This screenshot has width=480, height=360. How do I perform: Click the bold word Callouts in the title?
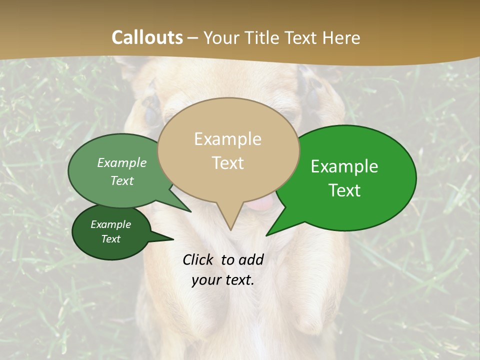coord(147,37)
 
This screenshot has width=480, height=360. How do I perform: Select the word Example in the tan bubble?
coord(227,139)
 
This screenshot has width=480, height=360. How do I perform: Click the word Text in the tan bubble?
coord(227,163)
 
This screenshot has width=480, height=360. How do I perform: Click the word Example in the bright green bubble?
coord(344,166)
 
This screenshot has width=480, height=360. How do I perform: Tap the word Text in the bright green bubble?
coord(344,190)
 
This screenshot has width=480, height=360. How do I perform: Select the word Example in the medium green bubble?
coord(122,163)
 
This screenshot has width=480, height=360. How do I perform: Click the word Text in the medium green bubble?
coord(122,180)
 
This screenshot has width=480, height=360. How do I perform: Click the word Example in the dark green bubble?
coord(110,224)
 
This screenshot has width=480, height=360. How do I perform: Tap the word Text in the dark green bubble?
coord(110,239)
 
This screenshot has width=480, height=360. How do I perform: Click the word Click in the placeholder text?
coord(198,259)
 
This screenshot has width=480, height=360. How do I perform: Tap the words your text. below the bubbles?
coord(222,280)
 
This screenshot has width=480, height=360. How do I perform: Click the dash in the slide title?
coord(193,38)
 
